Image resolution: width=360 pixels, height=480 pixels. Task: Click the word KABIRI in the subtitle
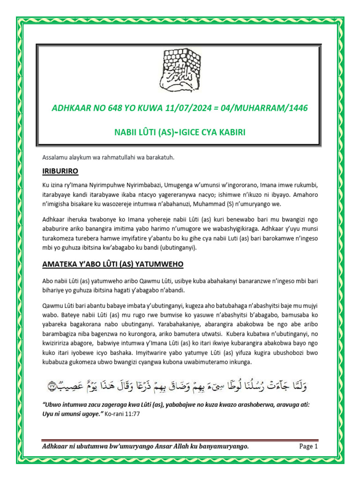228,133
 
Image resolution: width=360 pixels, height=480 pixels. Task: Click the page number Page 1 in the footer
308,447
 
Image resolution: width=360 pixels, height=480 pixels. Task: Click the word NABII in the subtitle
127,133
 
